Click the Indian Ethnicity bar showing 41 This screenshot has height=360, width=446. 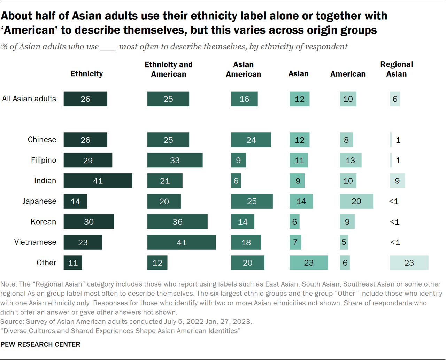click(98, 181)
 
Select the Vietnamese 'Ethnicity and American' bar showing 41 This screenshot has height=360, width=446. click(182, 242)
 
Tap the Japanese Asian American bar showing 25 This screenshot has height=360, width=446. click(252, 201)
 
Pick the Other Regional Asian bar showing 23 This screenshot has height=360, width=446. click(409, 263)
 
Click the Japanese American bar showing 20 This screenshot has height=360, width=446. click(356, 201)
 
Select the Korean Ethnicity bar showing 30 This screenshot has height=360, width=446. click(89, 222)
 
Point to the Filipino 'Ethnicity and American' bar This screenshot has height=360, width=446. click(175, 160)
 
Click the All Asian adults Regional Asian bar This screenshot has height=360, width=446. click(395, 99)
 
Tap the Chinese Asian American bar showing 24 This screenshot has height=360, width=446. click(251, 140)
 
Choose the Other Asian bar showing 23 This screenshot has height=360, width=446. click(308, 263)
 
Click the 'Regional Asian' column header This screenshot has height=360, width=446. click(397, 69)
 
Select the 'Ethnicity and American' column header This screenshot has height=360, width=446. click(168, 69)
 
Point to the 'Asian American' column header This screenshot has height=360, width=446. click(243, 69)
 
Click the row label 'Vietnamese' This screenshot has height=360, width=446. click(35, 242)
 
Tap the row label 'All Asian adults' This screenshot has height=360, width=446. click(29, 99)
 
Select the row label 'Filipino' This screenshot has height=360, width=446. click(44, 160)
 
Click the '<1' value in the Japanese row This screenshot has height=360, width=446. click(394, 201)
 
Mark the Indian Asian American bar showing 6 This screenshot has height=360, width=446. click(236, 181)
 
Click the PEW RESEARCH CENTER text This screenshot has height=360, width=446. click(40, 344)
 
